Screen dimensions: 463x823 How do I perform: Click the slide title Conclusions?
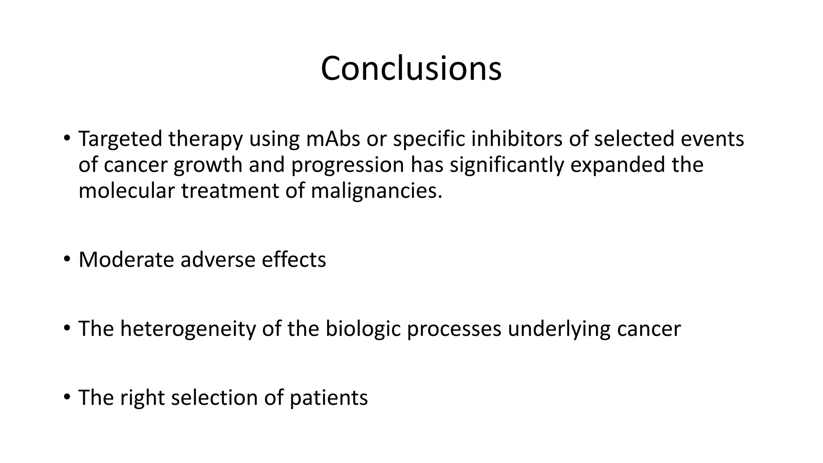pyautogui.click(x=411, y=68)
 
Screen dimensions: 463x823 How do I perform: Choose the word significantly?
pyautogui.click(x=506, y=165)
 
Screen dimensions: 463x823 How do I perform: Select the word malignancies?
pyautogui.click(x=376, y=191)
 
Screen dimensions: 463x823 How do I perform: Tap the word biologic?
pyautogui.click(x=363, y=329)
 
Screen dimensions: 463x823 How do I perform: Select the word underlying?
pyautogui.click(x=559, y=329)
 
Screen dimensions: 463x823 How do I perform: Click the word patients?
pyautogui.click(x=328, y=397)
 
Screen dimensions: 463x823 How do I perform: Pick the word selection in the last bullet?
pyautogui.click(x=214, y=397)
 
